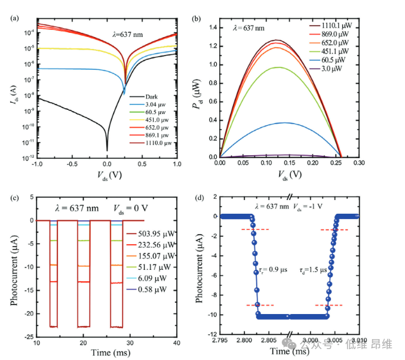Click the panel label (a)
point(14,17)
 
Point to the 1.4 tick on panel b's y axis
point(211,27)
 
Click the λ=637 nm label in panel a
point(128,35)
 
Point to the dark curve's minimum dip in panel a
point(107,149)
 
